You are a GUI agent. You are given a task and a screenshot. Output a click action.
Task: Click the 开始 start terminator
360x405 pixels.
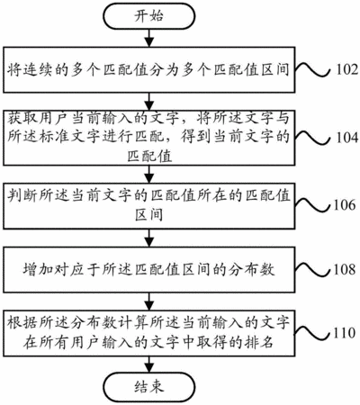pyautogui.click(x=149, y=16)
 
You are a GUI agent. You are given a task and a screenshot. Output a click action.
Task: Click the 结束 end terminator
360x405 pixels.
pyautogui.click(x=149, y=386)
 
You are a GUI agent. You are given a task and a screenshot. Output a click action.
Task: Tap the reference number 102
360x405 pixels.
pyautogui.click(x=346, y=69)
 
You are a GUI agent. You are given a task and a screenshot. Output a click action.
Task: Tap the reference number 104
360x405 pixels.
pyautogui.click(x=346, y=138)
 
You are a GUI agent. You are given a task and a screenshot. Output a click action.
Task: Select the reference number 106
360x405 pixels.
pyautogui.click(x=345, y=205)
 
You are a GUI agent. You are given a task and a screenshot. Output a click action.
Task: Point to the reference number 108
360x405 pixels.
pyautogui.click(x=345, y=269)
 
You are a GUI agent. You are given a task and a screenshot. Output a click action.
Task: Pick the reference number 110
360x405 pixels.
pyautogui.click(x=345, y=333)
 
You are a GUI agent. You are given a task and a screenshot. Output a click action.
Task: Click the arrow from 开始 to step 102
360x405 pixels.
pyautogui.click(x=149, y=38)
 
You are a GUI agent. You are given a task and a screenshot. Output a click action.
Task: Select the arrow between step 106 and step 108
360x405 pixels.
pyautogui.click(x=149, y=238)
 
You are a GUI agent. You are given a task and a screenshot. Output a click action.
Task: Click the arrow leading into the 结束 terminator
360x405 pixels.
pyautogui.click(x=149, y=364)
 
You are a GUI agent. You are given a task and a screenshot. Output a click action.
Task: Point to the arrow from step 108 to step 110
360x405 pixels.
pyautogui.click(x=149, y=301)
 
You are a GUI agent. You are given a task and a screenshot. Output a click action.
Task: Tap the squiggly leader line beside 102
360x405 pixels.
pyautogui.click(x=313, y=69)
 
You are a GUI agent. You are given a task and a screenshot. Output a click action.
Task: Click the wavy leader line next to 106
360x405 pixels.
pyautogui.click(x=313, y=205)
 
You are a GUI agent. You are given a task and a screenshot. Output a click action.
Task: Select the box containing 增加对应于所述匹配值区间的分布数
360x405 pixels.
pyautogui.click(x=149, y=270)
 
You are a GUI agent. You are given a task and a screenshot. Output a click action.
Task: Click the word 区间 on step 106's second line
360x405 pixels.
pyautogui.click(x=149, y=214)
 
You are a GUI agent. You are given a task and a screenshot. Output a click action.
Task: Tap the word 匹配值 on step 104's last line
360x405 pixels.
pyautogui.click(x=149, y=156)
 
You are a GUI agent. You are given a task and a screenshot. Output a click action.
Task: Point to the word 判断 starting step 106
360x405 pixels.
pyautogui.click(x=22, y=195)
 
